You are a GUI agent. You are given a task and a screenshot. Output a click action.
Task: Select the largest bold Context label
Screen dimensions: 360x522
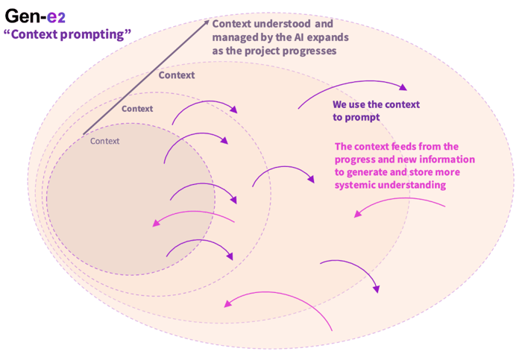pyautogui.click(x=177, y=75)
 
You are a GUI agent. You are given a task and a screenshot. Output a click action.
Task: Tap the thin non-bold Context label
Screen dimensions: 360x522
pyautogui.click(x=104, y=141)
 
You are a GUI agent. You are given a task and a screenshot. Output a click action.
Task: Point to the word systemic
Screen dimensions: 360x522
pyautogui.click(x=356, y=185)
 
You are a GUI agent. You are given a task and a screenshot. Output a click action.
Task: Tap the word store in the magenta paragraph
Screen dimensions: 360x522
pyautogui.click(x=422, y=172)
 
